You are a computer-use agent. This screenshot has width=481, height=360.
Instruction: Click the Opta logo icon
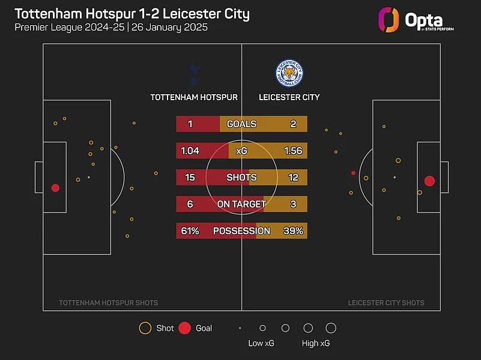tap(389, 19)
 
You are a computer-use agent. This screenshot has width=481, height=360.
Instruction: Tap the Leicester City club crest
tap(289, 73)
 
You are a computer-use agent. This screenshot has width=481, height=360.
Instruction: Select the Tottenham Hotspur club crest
tap(194, 73)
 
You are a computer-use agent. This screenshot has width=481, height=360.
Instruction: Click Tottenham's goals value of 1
tap(190, 124)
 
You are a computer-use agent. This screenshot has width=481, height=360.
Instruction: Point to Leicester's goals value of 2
tap(293, 124)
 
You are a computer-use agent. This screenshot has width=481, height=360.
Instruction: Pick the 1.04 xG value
tap(190, 151)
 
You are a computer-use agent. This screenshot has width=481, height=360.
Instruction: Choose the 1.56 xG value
tap(293, 151)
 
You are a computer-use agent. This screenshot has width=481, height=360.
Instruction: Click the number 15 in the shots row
tap(190, 178)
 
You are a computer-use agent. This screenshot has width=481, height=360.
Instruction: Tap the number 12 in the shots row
tap(293, 178)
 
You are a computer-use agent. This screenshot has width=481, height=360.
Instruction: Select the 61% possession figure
tap(190, 231)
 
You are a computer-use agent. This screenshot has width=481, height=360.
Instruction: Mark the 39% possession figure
tap(294, 231)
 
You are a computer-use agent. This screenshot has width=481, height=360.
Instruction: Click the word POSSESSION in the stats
tap(241, 231)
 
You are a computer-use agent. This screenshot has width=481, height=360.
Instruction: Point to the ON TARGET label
tap(241, 204)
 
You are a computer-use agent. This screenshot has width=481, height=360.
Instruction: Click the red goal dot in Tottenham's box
tap(55, 188)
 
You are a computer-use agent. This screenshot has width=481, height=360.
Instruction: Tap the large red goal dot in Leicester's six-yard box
tap(429, 181)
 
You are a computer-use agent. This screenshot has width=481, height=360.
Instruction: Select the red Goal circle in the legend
tap(185, 328)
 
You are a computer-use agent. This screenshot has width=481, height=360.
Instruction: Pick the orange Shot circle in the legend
tap(145, 328)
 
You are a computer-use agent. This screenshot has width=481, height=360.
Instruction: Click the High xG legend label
tap(315, 344)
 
